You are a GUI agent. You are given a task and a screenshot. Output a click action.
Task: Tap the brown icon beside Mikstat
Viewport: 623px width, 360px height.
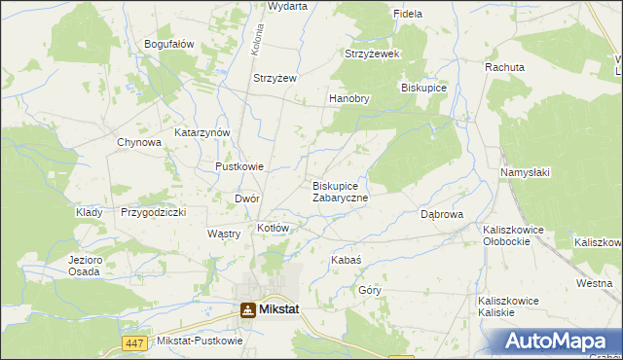click(x=249, y=310)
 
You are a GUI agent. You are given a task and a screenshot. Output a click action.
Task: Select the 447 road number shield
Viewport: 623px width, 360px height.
click(x=135, y=342)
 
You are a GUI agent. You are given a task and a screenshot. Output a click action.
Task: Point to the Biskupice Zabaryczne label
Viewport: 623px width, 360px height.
click(x=340, y=192)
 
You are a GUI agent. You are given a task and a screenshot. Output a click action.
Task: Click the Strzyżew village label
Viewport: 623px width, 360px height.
click(x=275, y=78)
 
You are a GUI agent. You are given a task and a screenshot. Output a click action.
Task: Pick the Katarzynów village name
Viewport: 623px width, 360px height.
click(x=202, y=132)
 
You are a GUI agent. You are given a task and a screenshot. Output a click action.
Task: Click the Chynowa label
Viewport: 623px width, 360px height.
click(x=138, y=143)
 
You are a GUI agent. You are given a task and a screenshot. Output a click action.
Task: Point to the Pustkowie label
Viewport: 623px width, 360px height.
click(x=239, y=166)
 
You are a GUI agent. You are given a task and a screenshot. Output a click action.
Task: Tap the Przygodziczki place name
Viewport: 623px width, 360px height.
click(x=153, y=212)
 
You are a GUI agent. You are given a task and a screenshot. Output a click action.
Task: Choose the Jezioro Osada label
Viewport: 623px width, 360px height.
click(x=85, y=266)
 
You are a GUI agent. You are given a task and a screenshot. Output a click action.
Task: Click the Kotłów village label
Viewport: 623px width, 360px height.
click(x=274, y=228)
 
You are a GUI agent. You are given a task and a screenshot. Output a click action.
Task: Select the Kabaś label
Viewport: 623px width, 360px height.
click(x=347, y=261)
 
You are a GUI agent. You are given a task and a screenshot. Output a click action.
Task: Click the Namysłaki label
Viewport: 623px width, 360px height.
click(x=526, y=172)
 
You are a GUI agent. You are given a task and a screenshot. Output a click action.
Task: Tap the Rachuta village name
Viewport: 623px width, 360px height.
click(x=505, y=68)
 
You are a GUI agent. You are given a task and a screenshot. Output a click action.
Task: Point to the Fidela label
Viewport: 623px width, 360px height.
click(x=407, y=15)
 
